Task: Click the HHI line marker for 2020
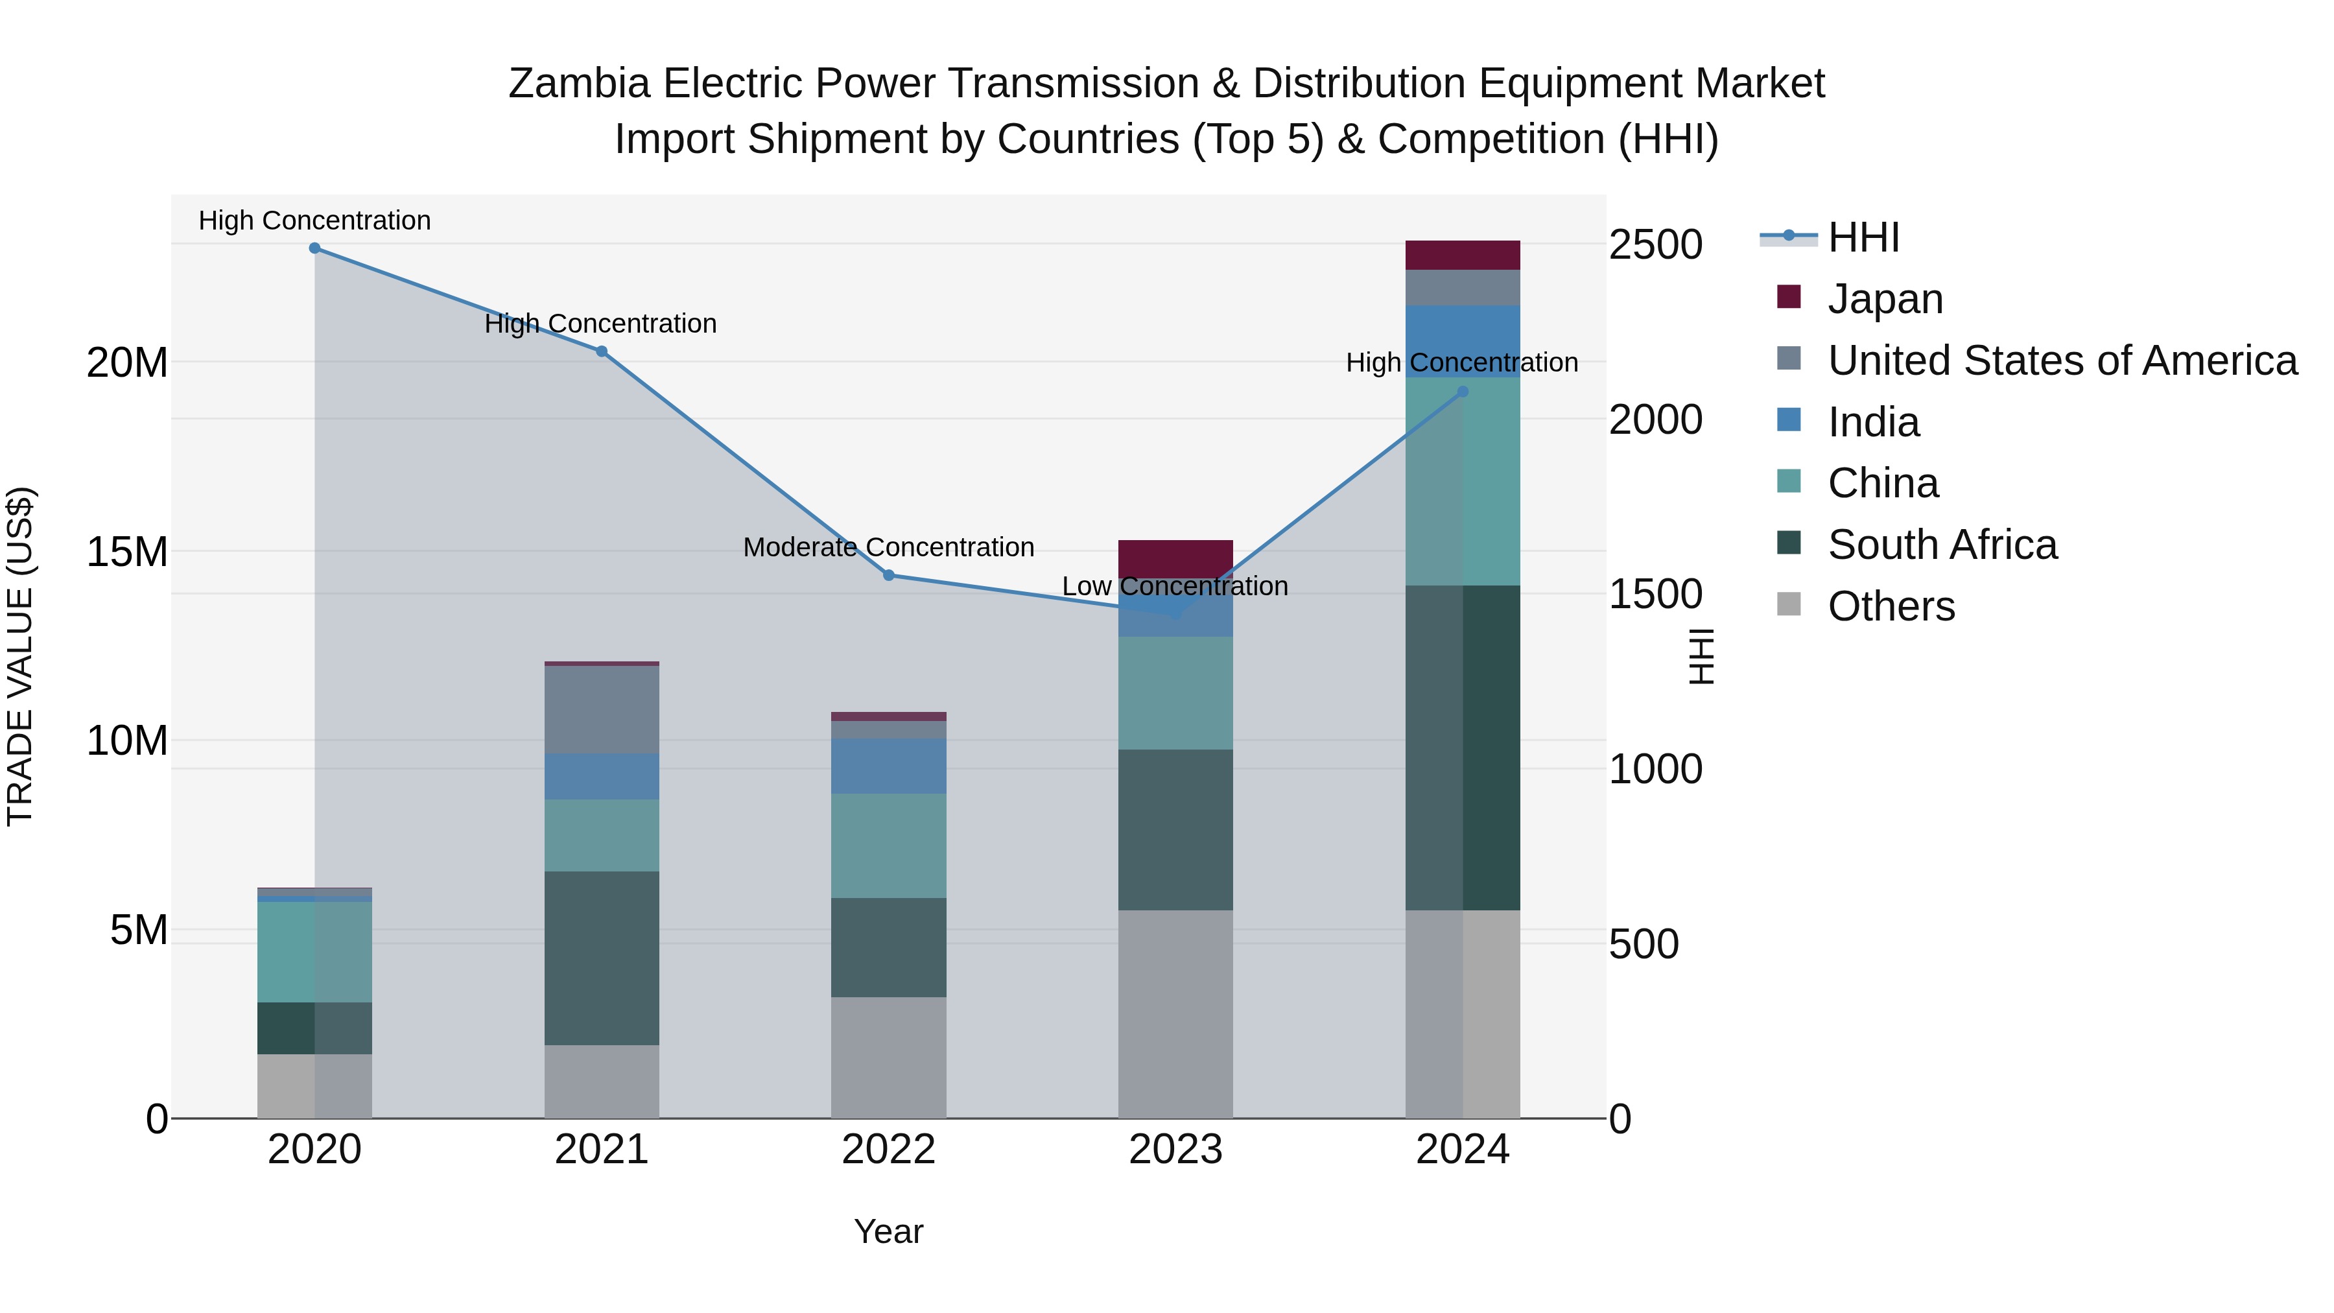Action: click(314, 248)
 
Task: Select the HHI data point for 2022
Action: click(889, 575)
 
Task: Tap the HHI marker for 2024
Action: click(1463, 392)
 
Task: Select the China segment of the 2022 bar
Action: click(889, 846)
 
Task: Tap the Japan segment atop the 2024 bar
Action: click(1463, 255)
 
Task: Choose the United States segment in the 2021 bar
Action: click(602, 709)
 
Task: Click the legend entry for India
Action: click(1873, 422)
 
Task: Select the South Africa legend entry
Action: click(1942, 545)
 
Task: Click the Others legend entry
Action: click(1891, 607)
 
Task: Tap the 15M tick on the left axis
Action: click(127, 552)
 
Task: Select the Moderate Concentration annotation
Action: click(889, 547)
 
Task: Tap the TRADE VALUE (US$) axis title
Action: click(20, 656)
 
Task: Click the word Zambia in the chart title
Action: click(579, 84)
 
